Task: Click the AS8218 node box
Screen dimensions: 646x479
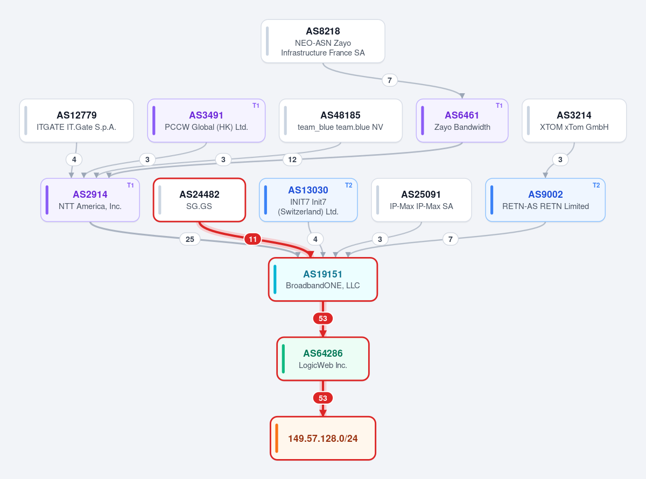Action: [322, 41]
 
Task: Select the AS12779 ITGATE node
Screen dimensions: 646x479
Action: [76, 120]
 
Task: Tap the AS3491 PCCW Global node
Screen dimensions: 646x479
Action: [206, 120]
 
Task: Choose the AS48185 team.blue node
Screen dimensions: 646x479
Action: [340, 120]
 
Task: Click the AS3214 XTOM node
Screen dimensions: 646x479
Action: [574, 120]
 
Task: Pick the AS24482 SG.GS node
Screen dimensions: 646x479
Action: [200, 200]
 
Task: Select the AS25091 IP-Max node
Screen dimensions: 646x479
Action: [422, 200]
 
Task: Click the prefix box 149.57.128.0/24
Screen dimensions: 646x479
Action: [322, 438]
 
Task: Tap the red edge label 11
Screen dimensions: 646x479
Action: [253, 239]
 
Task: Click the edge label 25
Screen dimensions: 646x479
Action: [190, 239]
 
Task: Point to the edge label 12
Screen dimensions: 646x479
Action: [292, 159]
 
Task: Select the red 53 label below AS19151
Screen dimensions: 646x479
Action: [322, 318]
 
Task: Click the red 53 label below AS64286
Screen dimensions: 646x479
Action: [322, 398]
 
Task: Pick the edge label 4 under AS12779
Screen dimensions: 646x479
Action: [74, 159]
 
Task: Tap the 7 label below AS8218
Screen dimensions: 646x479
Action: [390, 80]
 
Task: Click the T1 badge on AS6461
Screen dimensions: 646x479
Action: [499, 106]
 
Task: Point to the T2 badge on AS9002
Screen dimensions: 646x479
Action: [596, 185]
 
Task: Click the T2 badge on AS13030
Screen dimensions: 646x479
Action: [349, 185]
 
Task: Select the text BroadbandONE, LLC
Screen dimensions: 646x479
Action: [322, 286]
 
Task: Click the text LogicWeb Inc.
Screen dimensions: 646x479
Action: [322, 365]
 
